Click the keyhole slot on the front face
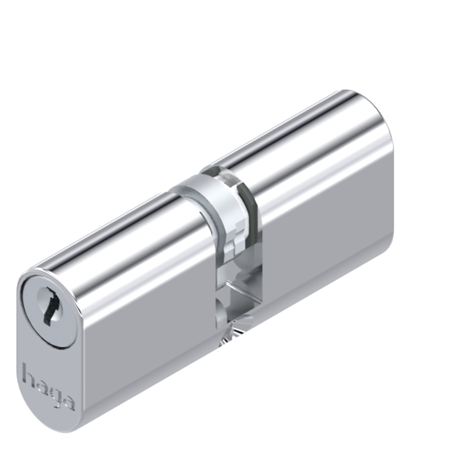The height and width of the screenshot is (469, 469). [x=49, y=306]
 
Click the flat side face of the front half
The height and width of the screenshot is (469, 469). [x=149, y=328]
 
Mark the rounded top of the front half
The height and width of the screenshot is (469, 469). [x=117, y=234]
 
